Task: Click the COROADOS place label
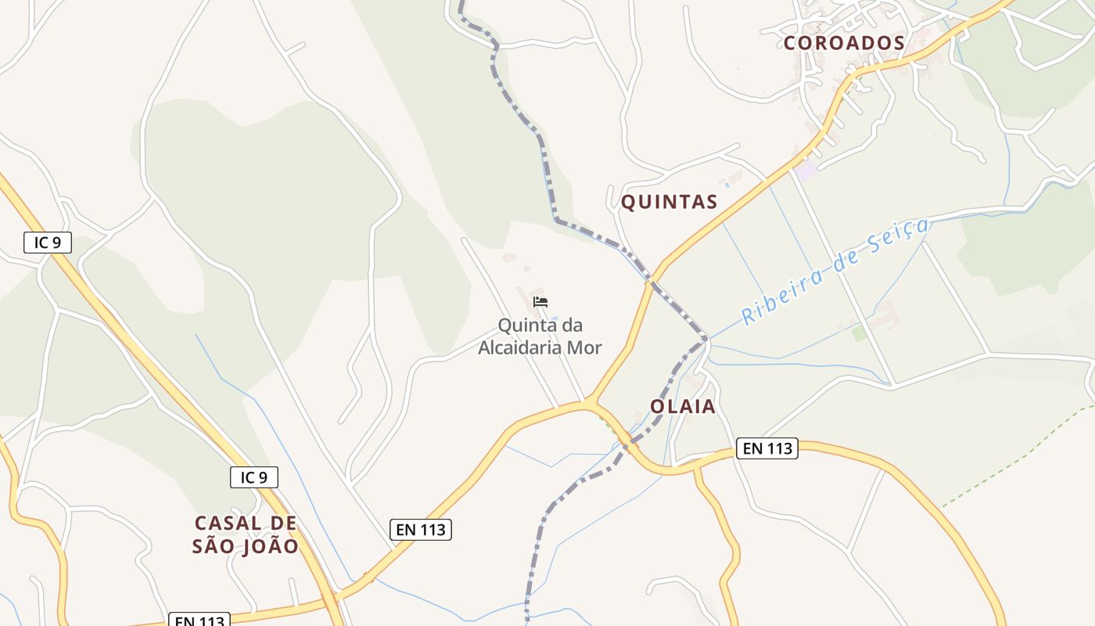[844, 43]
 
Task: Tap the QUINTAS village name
[669, 202]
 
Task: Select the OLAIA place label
[683, 406]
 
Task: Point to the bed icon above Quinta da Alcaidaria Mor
[540, 302]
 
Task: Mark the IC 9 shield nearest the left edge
[48, 243]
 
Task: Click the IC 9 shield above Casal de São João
[254, 477]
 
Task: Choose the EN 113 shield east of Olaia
[767, 448]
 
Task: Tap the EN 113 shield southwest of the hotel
[421, 529]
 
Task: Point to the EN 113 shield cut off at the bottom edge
[200, 621]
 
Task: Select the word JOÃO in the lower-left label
[271, 546]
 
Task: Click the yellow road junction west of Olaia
[593, 405]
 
